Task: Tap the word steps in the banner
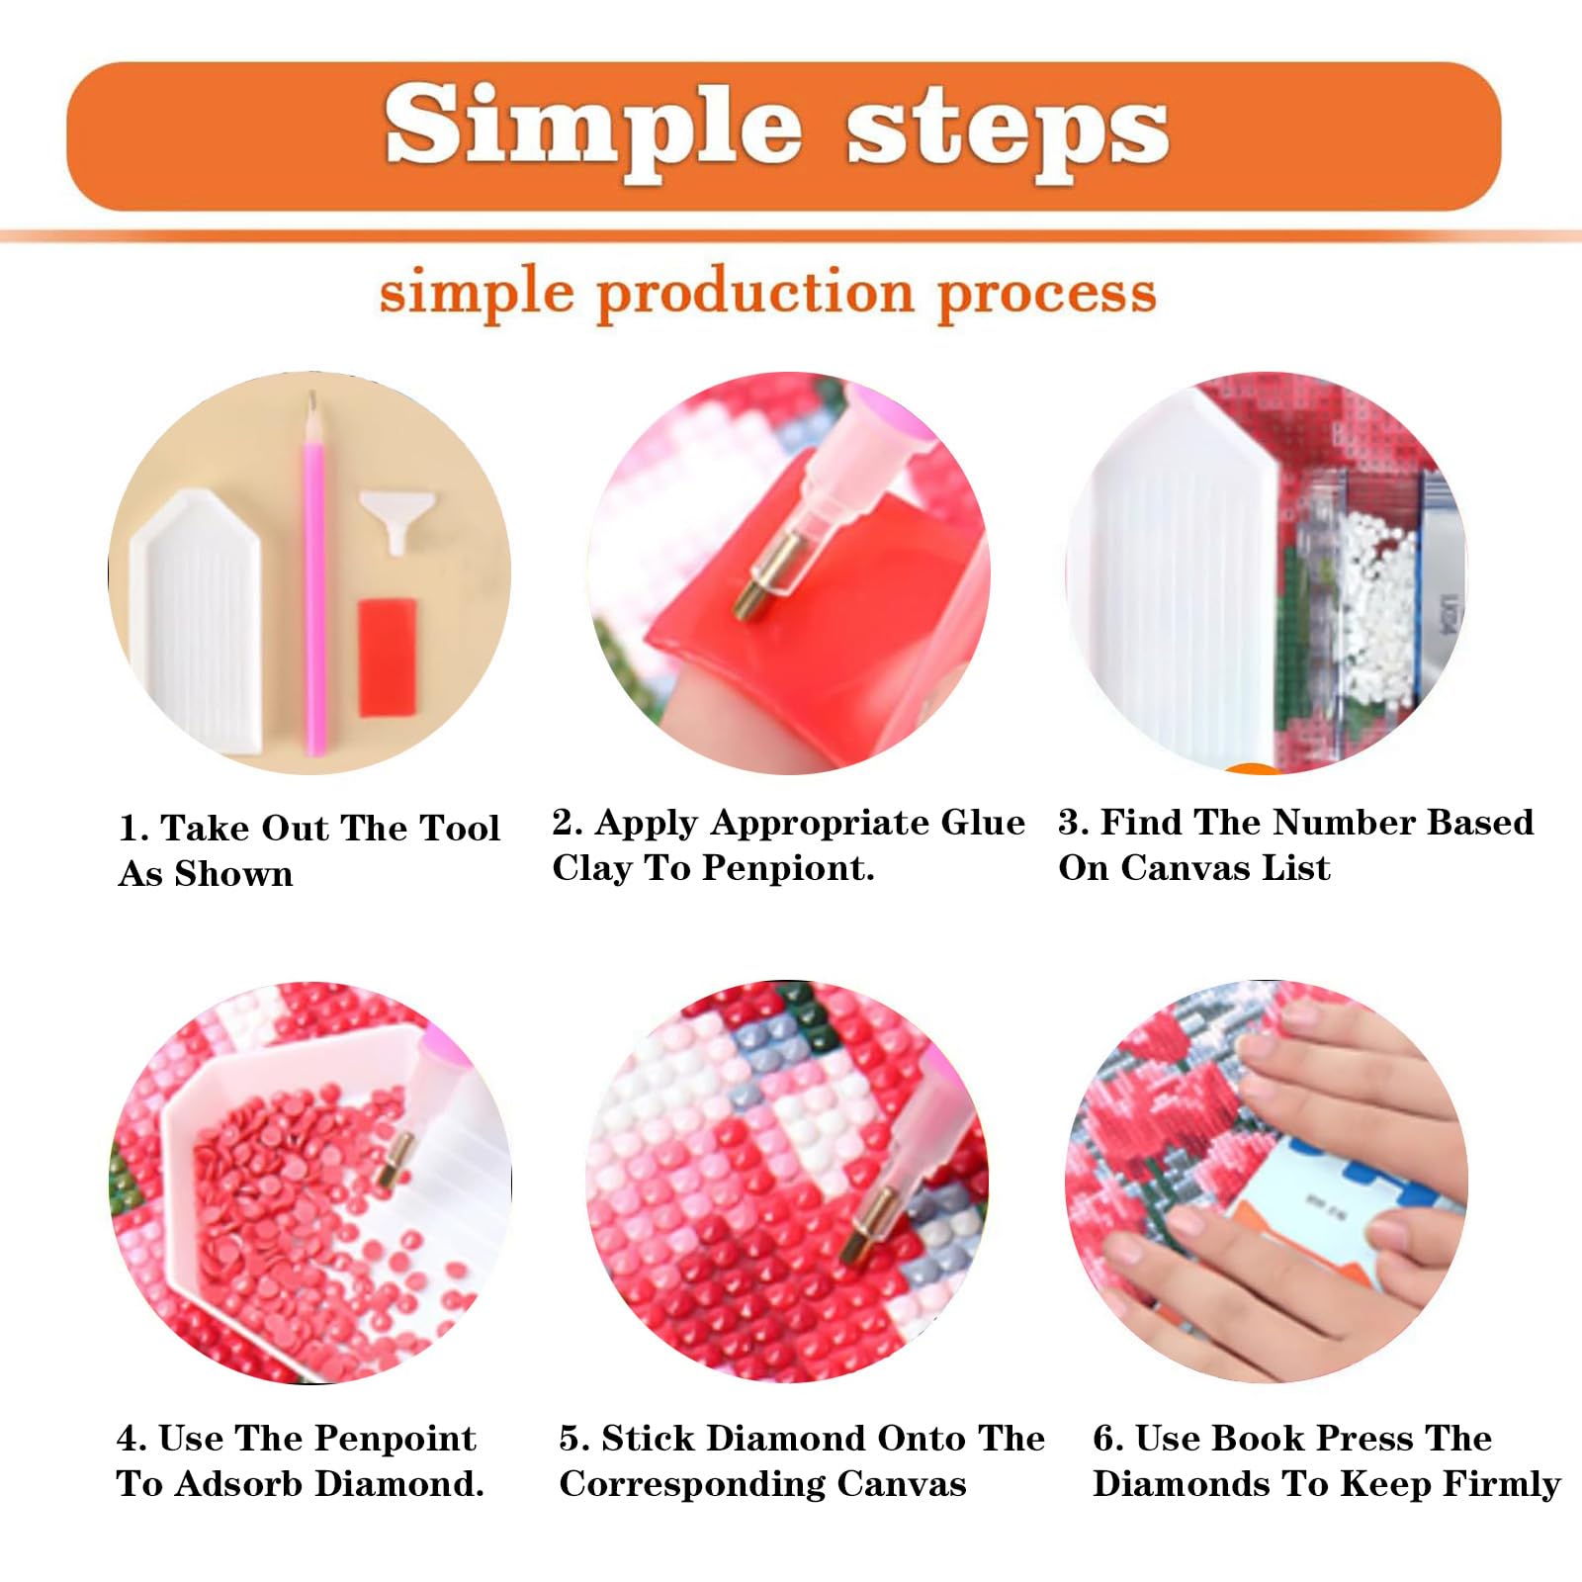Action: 1009,133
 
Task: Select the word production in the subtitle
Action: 756,296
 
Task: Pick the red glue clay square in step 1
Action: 387,657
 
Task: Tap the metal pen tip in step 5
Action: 867,1226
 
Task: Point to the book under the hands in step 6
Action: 1325,1206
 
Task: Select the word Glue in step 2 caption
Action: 983,822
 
